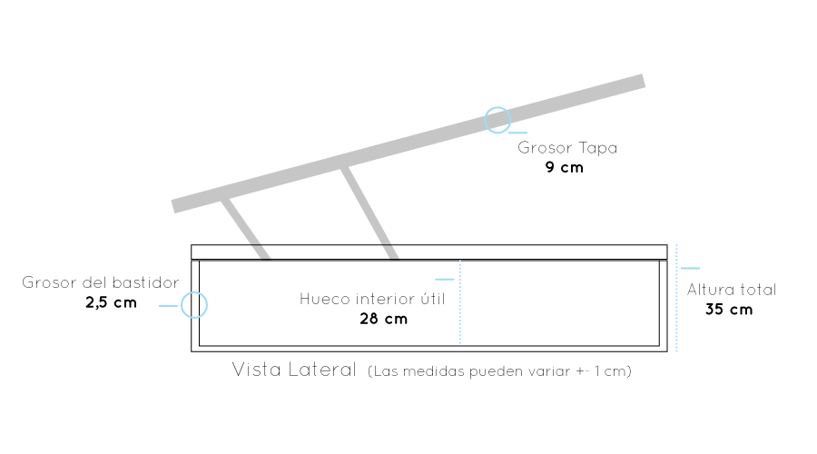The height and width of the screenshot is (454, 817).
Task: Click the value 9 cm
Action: pos(565,167)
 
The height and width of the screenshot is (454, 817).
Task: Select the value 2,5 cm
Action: pos(111,303)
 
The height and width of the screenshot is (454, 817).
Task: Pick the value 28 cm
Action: pos(383,319)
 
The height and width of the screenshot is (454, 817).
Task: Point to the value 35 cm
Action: pos(729,310)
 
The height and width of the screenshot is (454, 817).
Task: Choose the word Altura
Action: pos(705,290)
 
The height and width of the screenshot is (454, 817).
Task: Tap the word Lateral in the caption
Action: pos(322,370)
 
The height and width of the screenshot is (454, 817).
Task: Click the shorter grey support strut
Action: pos(245,229)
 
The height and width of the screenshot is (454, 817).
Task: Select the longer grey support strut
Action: pos(369,212)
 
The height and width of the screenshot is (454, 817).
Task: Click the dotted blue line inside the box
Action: pos(460,301)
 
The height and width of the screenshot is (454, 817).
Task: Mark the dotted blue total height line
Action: pos(676,298)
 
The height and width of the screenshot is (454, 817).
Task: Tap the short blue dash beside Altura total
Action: pos(690,269)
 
